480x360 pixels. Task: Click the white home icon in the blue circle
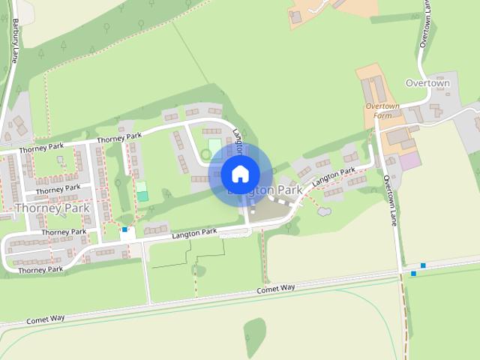(x=240, y=174)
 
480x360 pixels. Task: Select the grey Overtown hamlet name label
(x=427, y=83)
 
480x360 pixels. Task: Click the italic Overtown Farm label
(x=379, y=111)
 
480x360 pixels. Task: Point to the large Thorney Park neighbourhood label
(x=52, y=208)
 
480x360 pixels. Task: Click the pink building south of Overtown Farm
(x=410, y=160)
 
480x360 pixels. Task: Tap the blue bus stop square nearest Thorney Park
(x=124, y=229)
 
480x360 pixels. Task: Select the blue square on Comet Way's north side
(x=423, y=265)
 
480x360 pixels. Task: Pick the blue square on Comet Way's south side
(x=413, y=274)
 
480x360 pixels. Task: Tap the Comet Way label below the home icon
(x=276, y=289)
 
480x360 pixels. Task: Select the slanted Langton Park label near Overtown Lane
(x=333, y=178)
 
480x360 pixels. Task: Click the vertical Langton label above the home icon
(x=238, y=139)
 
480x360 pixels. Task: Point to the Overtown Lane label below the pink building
(x=389, y=200)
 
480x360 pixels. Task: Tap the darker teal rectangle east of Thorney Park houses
(x=142, y=196)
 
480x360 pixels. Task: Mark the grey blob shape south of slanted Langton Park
(x=324, y=211)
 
